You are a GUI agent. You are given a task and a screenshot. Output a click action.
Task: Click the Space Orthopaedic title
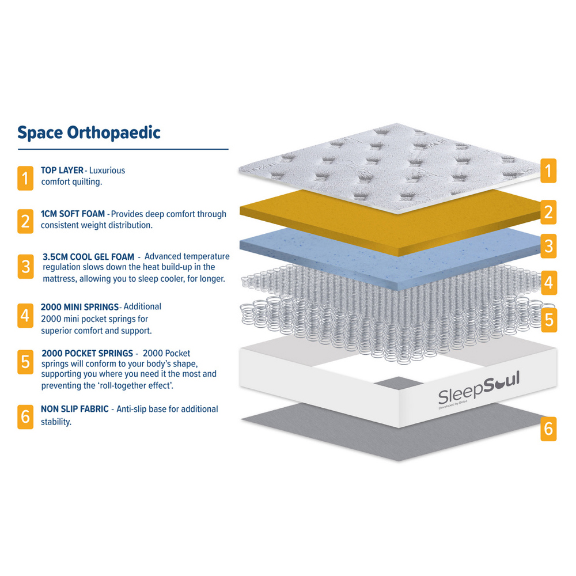click(x=89, y=133)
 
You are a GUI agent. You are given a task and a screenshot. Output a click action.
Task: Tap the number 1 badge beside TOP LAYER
click(x=25, y=178)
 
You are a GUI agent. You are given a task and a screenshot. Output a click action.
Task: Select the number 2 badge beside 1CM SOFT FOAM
click(x=25, y=221)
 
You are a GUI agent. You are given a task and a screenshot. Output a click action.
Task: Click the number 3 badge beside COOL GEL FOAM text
click(x=26, y=266)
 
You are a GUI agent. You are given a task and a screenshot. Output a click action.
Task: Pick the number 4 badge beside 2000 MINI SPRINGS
click(x=25, y=315)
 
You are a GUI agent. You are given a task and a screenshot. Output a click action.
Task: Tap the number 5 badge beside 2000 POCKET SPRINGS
click(x=25, y=362)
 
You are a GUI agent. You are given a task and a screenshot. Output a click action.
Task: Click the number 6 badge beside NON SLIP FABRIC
click(x=25, y=416)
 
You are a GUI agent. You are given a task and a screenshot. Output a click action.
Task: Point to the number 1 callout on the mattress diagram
click(x=548, y=171)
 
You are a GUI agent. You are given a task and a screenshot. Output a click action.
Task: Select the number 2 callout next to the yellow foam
click(x=548, y=212)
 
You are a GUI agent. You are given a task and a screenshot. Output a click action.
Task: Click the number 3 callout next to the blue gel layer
click(x=549, y=246)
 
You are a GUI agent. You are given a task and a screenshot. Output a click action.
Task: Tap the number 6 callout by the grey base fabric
click(x=548, y=429)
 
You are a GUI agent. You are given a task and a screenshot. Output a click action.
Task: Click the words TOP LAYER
click(x=62, y=170)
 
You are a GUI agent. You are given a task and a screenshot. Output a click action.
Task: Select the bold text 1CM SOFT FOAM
click(x=73, y=214)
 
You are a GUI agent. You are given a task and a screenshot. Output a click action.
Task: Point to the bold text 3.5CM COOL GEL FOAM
click(x=89, y=257)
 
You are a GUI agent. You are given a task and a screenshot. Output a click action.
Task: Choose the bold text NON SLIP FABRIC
click(x=74, y=409)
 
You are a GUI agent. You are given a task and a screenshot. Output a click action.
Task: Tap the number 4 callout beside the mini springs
click(x=549, y=283)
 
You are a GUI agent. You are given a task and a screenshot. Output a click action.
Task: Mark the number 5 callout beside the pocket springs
click(x=549, y=320)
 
